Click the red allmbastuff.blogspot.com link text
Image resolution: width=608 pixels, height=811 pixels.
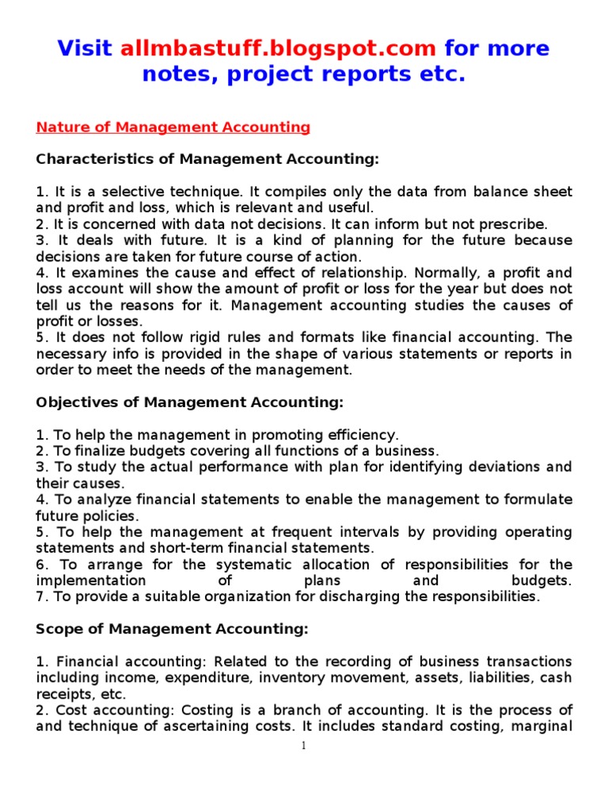point(278,48)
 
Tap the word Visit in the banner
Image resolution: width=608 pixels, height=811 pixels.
point(85,48)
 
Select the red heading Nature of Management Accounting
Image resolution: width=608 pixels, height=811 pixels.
point(173,127)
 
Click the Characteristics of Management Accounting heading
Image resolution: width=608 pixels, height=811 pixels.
point(207,159)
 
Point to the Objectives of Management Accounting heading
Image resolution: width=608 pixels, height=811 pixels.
point(190,402)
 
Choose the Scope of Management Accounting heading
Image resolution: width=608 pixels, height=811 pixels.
point(172,629)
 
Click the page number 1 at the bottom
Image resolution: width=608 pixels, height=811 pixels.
point(304,746)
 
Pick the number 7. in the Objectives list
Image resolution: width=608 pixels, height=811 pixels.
point(41,596)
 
